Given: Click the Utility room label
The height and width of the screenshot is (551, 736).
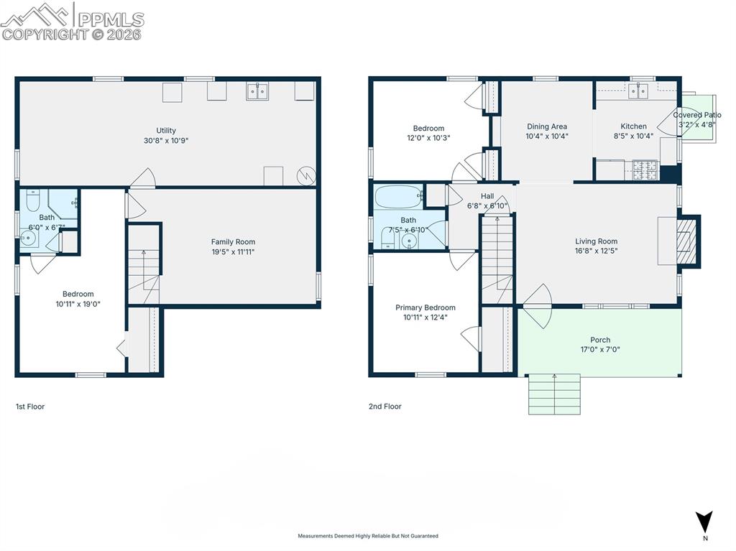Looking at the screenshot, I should point(166,131).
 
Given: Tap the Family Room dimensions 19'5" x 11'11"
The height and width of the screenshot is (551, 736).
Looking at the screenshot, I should point(233,252).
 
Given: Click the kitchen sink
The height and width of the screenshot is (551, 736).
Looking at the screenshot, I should point(638,90).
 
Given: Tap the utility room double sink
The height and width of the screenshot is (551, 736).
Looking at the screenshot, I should point(258,91).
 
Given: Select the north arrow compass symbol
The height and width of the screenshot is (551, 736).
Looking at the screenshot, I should point(704,522).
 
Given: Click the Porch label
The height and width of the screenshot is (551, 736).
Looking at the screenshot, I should point(600,340).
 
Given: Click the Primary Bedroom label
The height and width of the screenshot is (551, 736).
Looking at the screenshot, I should point(425,307).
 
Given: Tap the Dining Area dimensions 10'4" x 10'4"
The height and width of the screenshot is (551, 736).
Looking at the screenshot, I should point(547,136).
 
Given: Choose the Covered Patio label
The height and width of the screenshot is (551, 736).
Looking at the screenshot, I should point(696,115).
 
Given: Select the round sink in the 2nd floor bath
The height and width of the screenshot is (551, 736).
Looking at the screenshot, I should point(410,240).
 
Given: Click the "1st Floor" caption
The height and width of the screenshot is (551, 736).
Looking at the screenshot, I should point(30,407).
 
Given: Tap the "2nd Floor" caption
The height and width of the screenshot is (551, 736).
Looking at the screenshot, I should point(385,407).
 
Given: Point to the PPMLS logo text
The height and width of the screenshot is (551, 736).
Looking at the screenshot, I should point(111,19).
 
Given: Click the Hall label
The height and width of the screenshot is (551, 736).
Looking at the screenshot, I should point(487,196).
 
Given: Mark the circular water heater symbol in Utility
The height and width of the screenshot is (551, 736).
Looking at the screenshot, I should point(307,175).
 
